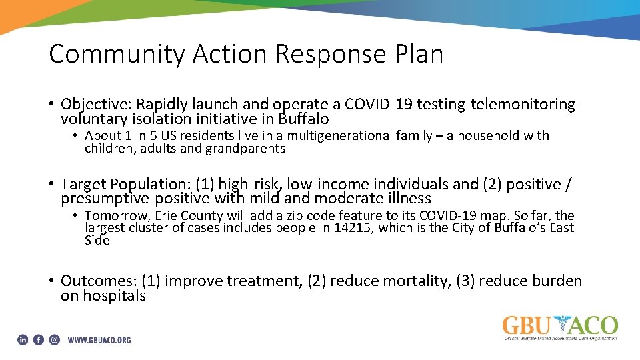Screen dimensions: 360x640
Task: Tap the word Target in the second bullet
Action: click(x=83, y=184)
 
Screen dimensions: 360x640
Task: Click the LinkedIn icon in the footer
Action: click(x=23, y=339)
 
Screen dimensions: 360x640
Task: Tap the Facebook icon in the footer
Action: click(x=39, y=339)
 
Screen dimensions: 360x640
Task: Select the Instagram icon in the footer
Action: click(x=54, y=339)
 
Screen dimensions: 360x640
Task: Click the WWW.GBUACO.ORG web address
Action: click(x=99, y=340)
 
